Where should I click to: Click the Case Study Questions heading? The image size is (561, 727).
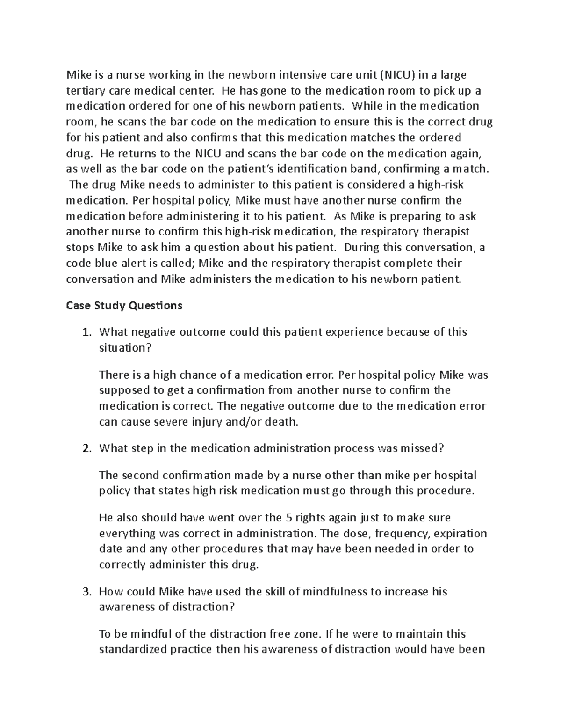coord(124,306)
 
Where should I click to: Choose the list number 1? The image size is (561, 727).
coord(85,332)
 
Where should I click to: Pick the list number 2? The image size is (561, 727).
coord(85,448)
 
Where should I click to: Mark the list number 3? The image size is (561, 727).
coord(85,592)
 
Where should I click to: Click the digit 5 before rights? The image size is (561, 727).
coord(288,518)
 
